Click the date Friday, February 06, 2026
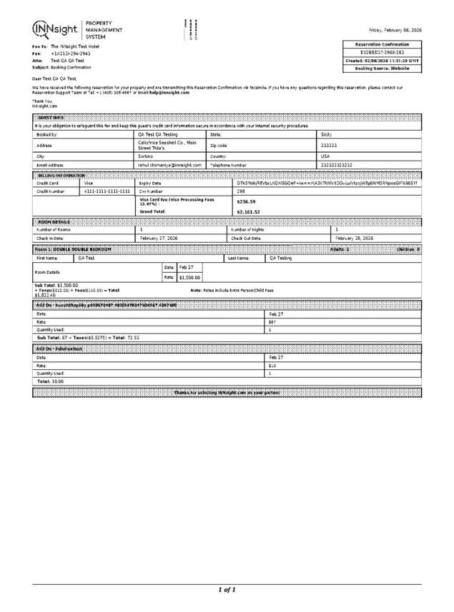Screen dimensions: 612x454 coord(395,30)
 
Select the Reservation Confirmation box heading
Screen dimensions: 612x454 coord(383,44)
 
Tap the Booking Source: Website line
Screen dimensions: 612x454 coord(383,69)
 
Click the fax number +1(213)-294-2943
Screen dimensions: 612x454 coord(71,54)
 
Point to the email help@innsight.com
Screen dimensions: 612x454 coord(188,91)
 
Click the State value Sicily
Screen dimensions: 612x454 coord(327,134)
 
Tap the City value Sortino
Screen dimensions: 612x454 coord(146,155)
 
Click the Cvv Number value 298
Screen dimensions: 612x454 coord(241,191)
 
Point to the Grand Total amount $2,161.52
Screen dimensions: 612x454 coord(248,212)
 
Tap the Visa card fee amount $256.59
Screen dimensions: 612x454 coord(246,201)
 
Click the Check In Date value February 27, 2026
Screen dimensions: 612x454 coord(161,238)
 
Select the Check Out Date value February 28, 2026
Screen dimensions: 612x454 coord(355,238)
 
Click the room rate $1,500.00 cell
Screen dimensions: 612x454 coord(189,277)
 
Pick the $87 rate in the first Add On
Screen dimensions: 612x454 coord(272,322)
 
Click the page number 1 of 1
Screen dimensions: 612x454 coord(227,590)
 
